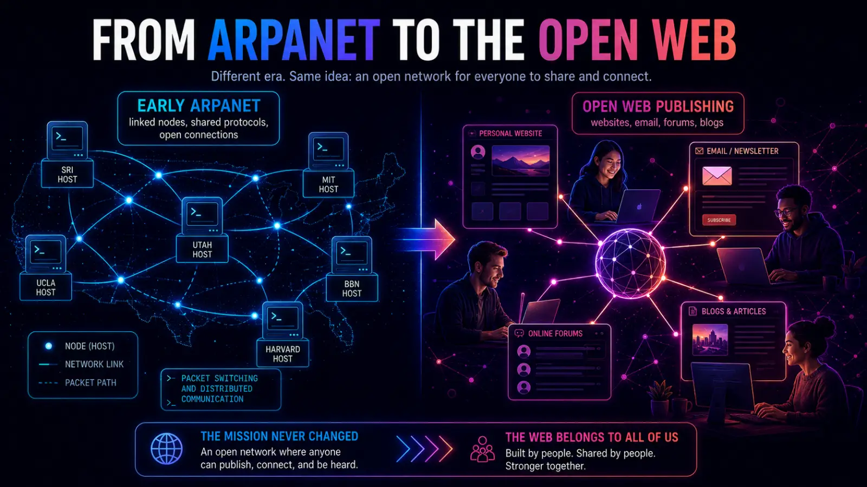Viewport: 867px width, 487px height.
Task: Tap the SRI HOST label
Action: click(x=67, y=174)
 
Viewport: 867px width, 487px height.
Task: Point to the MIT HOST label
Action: click(x=328, y=185)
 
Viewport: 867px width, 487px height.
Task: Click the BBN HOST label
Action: click(x=352, y=288)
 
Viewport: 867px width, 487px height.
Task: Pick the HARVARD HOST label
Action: click(x=282, y=354)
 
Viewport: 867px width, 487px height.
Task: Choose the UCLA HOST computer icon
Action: click(x=46, y=254)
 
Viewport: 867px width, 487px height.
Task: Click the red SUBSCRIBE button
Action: click(x=719, y=220)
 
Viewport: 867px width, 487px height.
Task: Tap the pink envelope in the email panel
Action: click(x=717, y=176)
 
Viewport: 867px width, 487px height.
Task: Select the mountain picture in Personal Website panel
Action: click(x=520, y=160)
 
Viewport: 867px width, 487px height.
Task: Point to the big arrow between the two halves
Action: click(x=426, y=239)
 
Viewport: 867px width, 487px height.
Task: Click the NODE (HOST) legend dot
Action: click(x=49, y=346)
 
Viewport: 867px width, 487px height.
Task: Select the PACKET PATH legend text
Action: click(x=90, y=383)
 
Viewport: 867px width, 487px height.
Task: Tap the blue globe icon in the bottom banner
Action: click(x=166, y=449)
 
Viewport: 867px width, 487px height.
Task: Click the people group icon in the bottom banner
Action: click(x=482, y=449)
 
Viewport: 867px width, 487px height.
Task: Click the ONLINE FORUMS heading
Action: click(x=555, y=333)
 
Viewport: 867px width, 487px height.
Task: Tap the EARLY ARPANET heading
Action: click(x=198, y=106)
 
